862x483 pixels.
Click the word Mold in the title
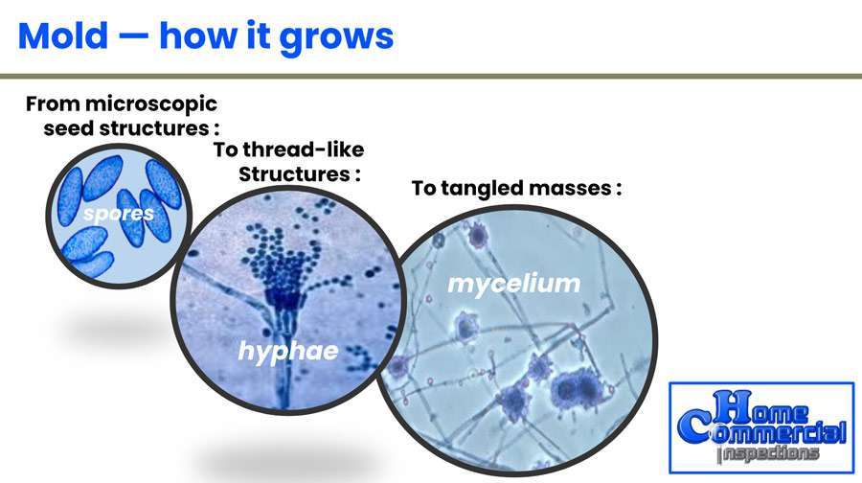click(62, 35)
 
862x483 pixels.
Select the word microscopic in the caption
click(151, 103)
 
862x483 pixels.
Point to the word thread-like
click(304, 149)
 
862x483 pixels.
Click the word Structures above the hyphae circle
click(294, 174)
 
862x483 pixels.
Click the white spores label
click(119, 214)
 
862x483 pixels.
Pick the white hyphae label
click(288, 351)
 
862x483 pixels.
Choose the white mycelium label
click(514, 285)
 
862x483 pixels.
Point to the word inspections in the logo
click(768, 454)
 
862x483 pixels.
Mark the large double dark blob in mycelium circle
click(574, 388)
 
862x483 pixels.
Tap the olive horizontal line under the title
click(431, 77)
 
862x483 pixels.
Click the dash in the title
click(133, 38)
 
